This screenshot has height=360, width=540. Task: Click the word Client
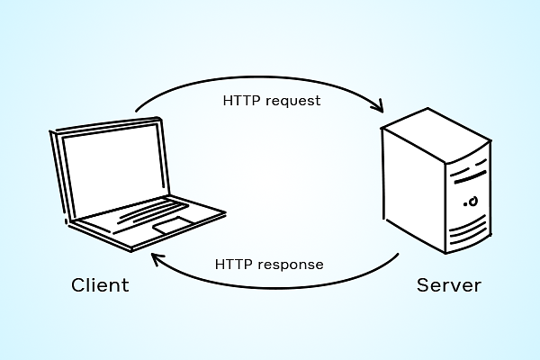[100, 286]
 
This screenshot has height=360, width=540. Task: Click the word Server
[448, 286]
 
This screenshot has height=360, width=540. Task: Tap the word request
[291, 100]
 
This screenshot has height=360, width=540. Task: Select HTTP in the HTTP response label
[233, 265]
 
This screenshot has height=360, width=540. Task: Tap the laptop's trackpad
[173, 225]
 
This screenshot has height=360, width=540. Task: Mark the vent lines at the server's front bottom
[470, 233]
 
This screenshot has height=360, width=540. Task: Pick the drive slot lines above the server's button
[470, 172]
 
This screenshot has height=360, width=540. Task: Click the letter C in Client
[78, 286]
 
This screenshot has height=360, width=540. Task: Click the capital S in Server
[422, 286]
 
